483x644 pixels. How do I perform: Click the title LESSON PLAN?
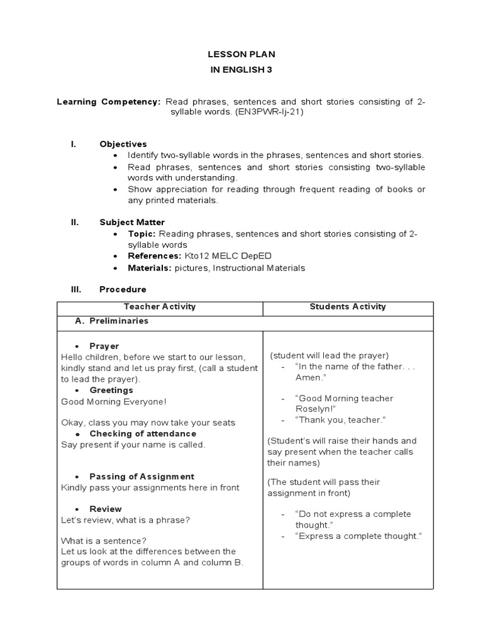coord(242,55)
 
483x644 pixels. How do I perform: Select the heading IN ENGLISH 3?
coord(242,70)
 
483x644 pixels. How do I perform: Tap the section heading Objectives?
coord(123,144)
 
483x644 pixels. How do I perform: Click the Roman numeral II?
coord(74,222)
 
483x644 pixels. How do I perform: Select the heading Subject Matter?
coord(132,222)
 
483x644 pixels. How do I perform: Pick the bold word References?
coord(155,257)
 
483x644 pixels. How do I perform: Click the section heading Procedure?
coord(123,289)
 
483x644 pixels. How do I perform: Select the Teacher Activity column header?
coord(160,307)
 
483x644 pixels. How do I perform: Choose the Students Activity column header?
coord(348,307)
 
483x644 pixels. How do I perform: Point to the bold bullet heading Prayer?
coord(104,346)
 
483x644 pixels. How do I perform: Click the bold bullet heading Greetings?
coord(111,390)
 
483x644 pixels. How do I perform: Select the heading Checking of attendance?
coord(143,433)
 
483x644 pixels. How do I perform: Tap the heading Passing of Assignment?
coord(142,476)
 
